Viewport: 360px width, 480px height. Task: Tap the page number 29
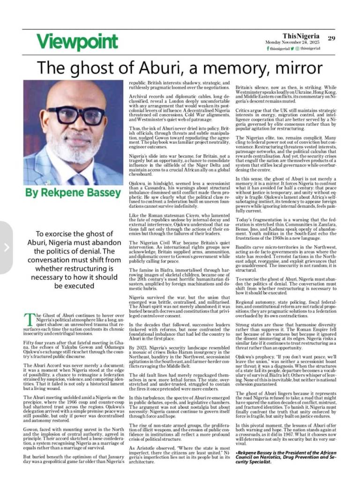(331, 38)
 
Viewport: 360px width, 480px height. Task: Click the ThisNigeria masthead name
(301, 36)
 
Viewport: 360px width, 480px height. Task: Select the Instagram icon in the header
(298, 48)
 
